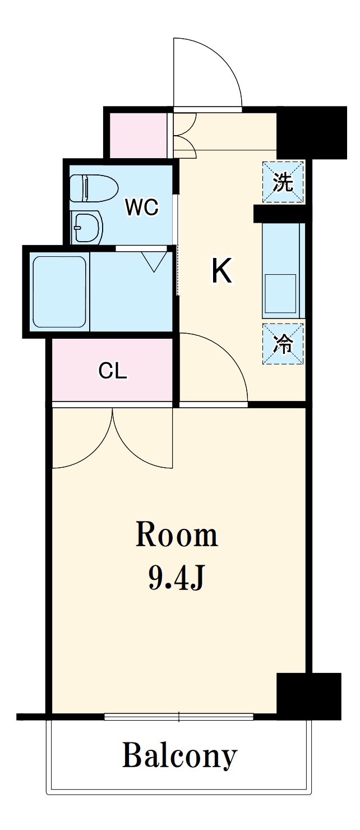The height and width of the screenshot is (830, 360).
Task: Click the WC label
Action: tap(142, 207)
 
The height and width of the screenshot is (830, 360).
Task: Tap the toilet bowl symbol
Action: tap(94, 188)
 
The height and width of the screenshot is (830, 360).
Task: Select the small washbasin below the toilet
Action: tap(87, 228)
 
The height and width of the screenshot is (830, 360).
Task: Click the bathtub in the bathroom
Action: tap(59, 292)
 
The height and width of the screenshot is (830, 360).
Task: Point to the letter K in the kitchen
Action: tap(221, 271)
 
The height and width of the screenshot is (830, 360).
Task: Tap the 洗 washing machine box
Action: tap(283, 182)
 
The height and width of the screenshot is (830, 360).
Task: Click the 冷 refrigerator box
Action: tap(283, 343)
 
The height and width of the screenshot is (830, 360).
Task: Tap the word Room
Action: tap(177, 535)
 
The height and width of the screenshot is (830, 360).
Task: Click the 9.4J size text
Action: tap(176, 577)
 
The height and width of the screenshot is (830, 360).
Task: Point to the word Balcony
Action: tap(179, 755)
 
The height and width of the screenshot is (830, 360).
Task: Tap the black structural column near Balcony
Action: tap(309, 695)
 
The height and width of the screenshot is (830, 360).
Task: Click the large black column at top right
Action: tap(312, 132)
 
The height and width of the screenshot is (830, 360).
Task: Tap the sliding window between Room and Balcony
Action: tap(179, 717)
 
